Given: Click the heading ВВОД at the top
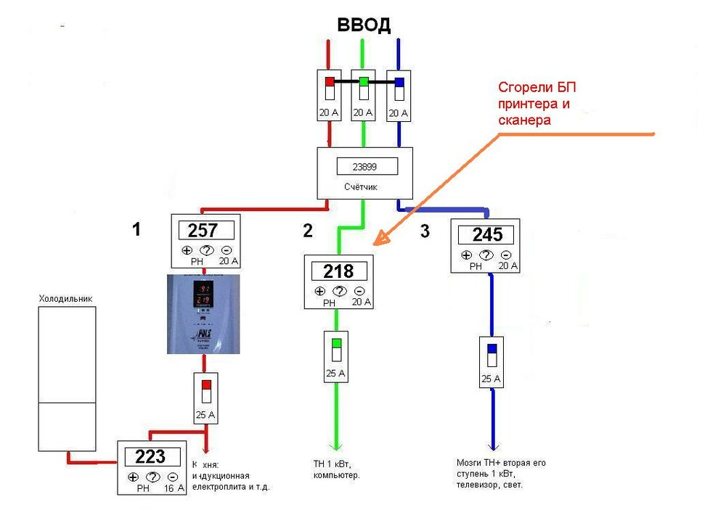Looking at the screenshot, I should pyautogui.click(x=364, y=25).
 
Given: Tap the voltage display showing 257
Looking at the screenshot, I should pyautogui.click(x=203, y=231).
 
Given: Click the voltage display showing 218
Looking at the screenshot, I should pyautogui.click(x=339, y=271).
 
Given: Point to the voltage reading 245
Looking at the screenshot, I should pyautogui.click(x=487, y=235).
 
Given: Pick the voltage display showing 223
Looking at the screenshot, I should pyautogui.click(x=150, y=457).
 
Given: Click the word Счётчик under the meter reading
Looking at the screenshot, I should pyautogui.click(x=361, y=187).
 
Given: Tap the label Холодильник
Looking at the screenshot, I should pyautogui.click(x=65, y=298).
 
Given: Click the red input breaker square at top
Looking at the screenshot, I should pyautogui.click(x=329, y=82).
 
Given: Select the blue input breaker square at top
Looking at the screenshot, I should pyautogui.click(x=399, y=82).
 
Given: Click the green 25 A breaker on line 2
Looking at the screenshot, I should pyautogui.click(x=336, y=343).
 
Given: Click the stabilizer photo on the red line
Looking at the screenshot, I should pyautogui.click(x=203, y=314).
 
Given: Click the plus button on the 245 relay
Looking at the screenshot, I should pyautogui.click(x=466, y=255).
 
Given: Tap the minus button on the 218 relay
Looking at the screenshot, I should pyautogui.click(x=359, y=291).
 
